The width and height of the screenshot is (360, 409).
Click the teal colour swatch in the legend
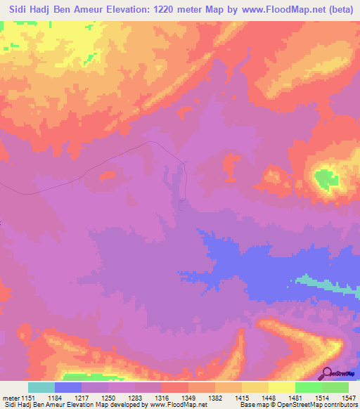click(x=41, y=387)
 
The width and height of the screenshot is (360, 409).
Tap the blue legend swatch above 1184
click(x=68, y=387)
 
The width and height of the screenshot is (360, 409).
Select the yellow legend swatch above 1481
click(x=282, y=387)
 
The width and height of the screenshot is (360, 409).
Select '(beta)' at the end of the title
click(x=340, y=9)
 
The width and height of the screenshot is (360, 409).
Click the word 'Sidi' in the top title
click(x=18, y=9)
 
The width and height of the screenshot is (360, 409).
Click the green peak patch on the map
click(x=325, y=179)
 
